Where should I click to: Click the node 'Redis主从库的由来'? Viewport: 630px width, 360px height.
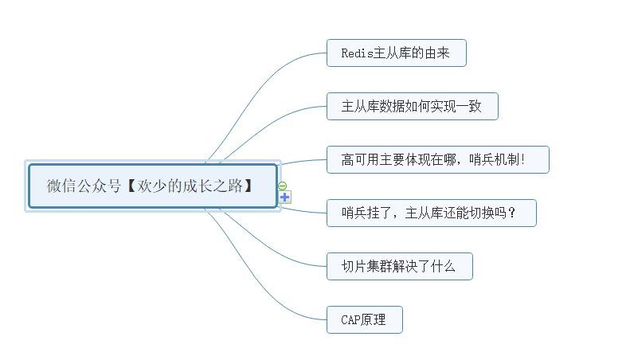[396, 53]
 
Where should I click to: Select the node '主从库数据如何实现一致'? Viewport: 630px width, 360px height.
[412, 107]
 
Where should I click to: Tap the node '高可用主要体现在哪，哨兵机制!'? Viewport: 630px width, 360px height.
[437, 160]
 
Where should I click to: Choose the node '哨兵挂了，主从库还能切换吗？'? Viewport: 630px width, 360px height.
[431, 213]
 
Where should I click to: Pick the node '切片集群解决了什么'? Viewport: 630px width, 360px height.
[399, 267]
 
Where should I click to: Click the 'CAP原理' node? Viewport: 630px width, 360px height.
[364, 320]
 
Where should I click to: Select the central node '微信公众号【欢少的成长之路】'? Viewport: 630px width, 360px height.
[152, 186]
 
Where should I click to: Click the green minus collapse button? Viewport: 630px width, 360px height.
[283, 186]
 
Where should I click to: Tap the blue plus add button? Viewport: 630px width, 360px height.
[285, 197]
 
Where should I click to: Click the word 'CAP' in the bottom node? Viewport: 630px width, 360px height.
[350, 320]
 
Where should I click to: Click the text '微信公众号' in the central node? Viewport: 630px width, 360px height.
[84, 186]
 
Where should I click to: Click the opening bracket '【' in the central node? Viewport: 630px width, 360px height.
[131, 186]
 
